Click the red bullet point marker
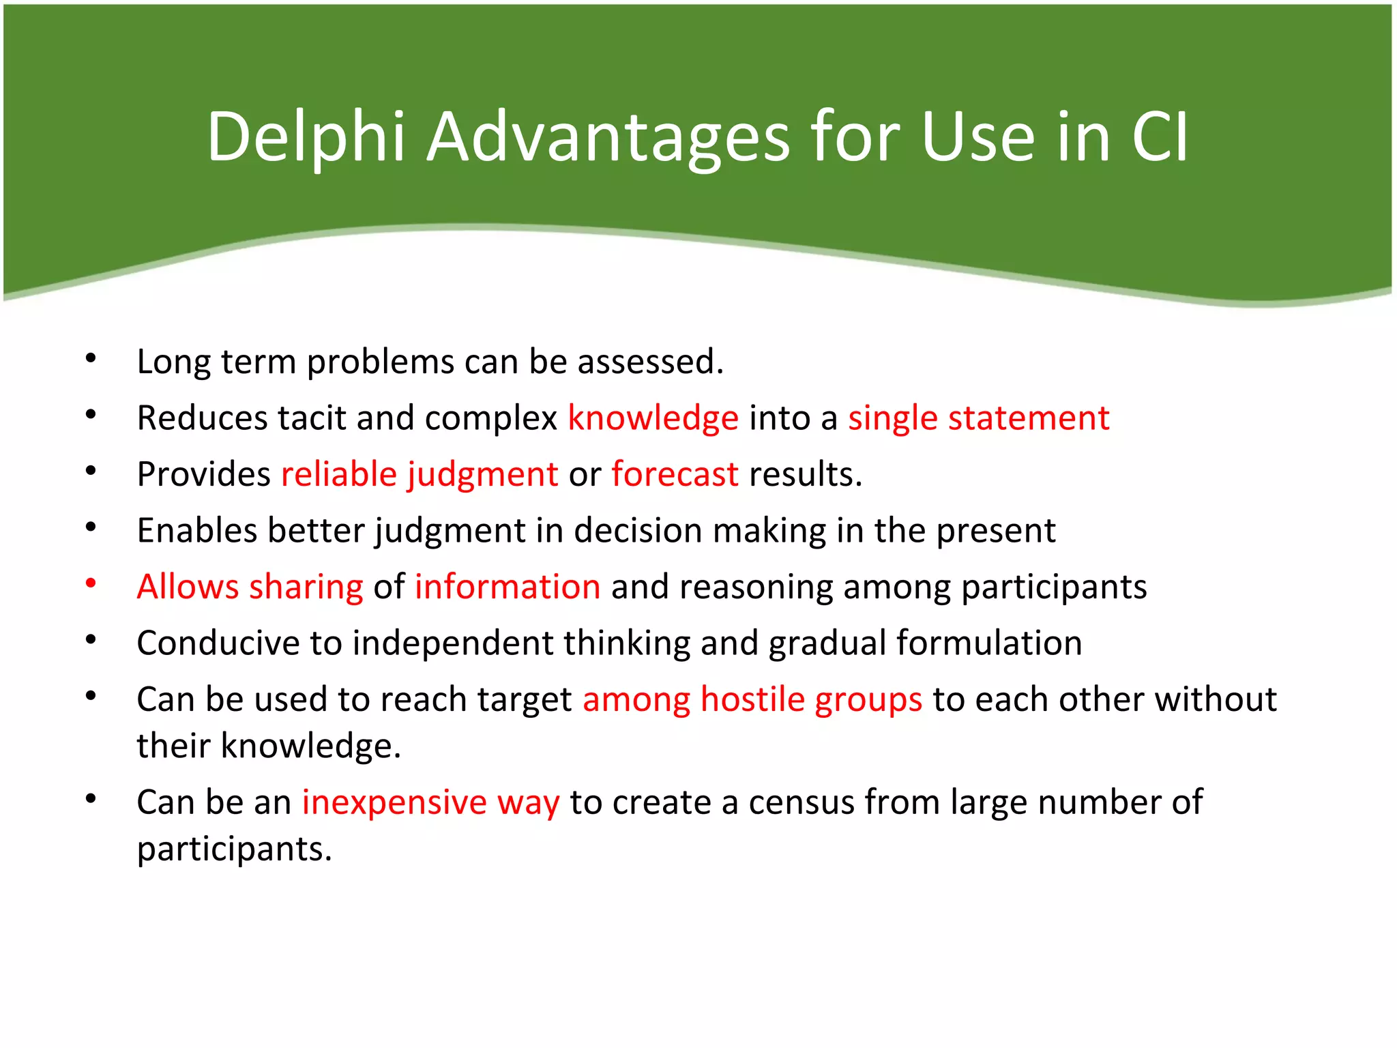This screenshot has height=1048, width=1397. click(x=91, y=583)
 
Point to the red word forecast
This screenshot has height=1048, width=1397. click(x=675, y=474)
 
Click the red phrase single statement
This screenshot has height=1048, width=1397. click(x=978, y=418)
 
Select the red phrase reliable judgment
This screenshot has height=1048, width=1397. click(x=420, y=474)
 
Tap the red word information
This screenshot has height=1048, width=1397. click(x=508, y=587)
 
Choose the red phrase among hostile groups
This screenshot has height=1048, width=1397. click(x=752, y=699)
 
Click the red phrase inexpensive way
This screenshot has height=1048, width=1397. click(x=430, y=802)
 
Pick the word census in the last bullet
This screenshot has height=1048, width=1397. click(x=802, y=802)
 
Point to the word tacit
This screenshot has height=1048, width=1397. click(x=312, y=418)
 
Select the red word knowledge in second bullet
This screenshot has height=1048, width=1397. click(x=653, y=418)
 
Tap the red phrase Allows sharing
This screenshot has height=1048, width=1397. click(x=250, y=587)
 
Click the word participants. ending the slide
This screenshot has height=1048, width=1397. click(x=234, y=849)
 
